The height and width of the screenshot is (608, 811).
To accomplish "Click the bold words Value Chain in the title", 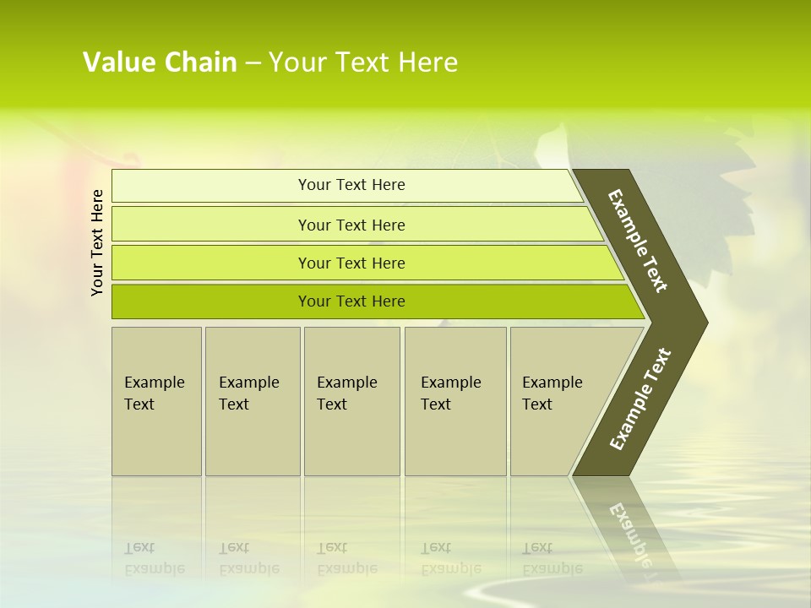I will click(160, 62).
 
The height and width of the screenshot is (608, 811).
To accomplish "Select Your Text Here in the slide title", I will click(363, 62).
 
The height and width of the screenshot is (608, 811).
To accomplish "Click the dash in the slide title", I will click(253, 63).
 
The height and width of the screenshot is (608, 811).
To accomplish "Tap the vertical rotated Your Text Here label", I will click(98, 242).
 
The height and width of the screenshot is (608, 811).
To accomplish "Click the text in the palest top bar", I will click(351, 185).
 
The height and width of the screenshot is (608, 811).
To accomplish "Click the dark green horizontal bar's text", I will click(351, 301).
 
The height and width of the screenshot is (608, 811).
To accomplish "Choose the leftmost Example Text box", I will click(156, 401).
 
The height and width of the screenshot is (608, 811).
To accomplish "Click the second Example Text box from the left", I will click(253, 401).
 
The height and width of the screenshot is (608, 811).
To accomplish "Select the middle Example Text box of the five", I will click(351, 401).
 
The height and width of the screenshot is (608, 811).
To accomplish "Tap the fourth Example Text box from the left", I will click(455, 401).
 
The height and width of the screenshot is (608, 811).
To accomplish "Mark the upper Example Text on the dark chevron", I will click(638, 242).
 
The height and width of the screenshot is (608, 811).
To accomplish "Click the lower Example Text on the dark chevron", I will click(640, 399).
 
